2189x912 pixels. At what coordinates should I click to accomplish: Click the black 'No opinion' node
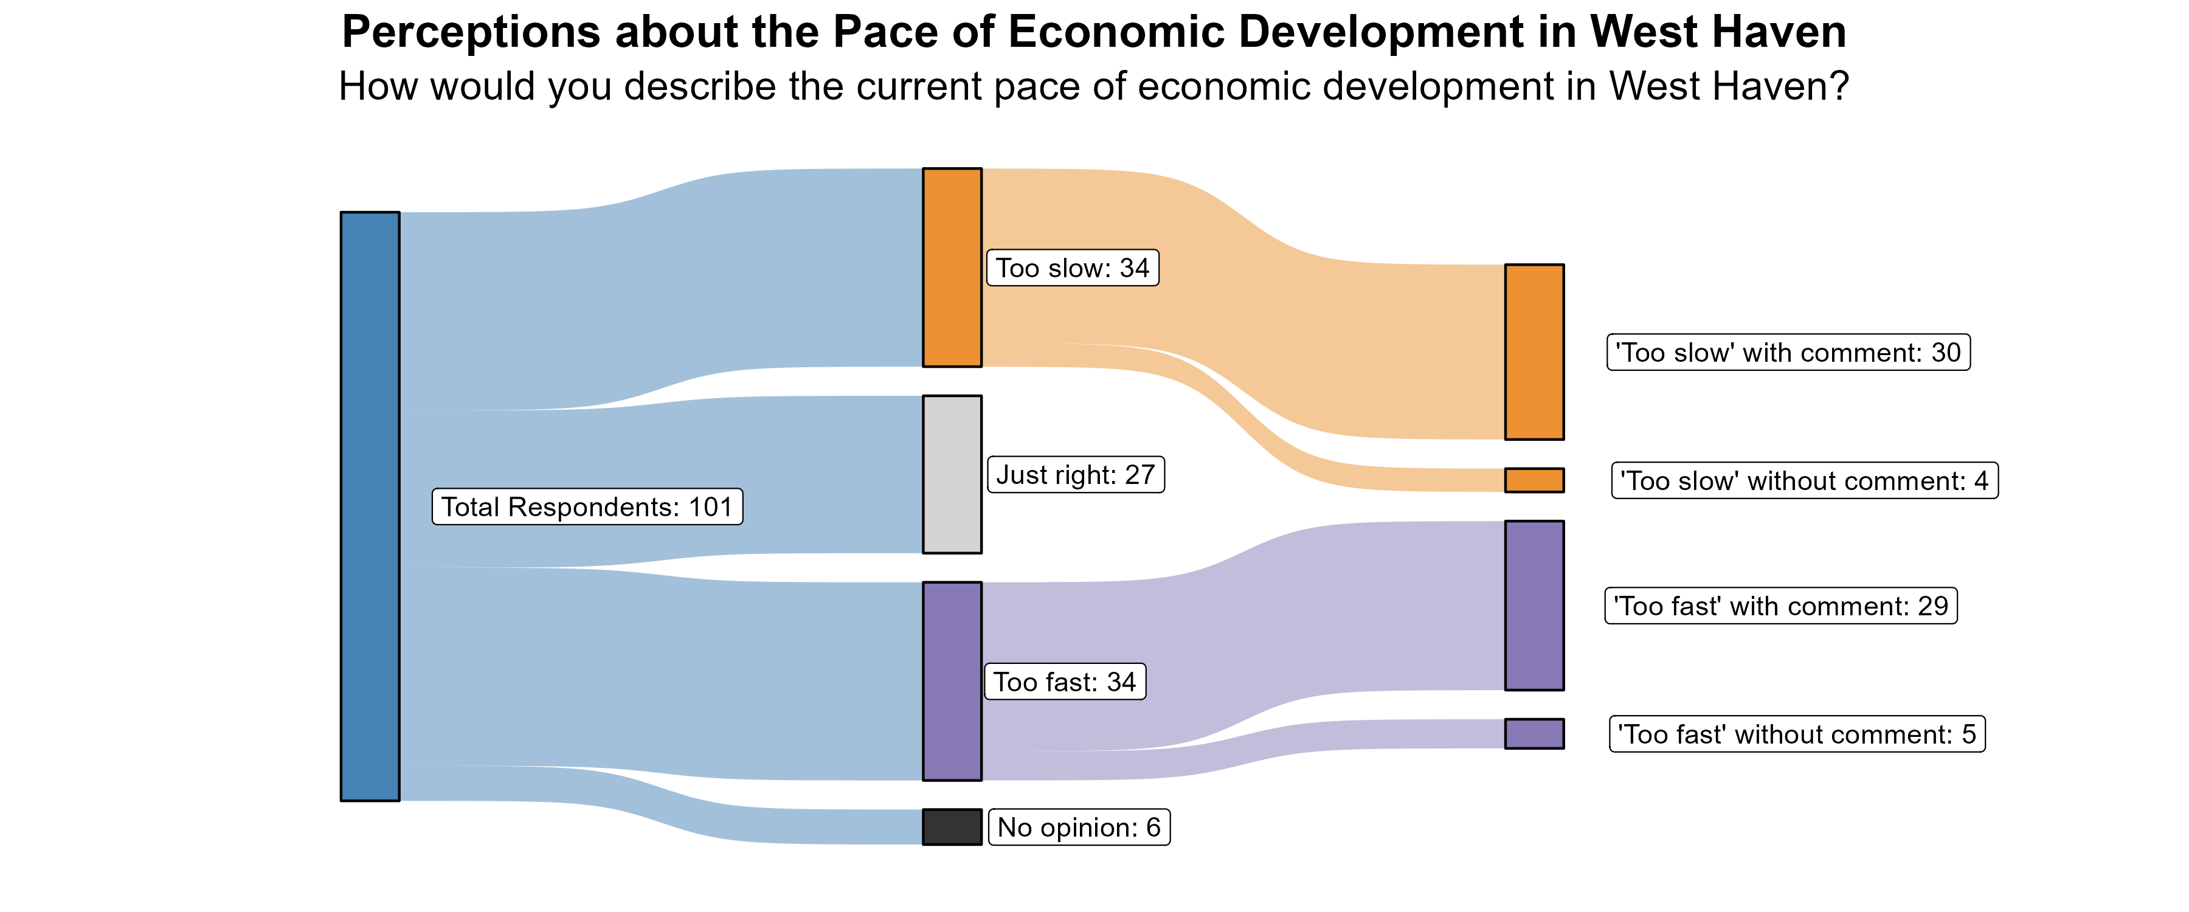click(952, 826)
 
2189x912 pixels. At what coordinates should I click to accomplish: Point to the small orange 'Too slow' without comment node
click(1534, 480)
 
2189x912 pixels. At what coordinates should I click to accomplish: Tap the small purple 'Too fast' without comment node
click(1534, 733)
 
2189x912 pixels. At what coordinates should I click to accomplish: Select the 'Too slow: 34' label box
click(1073, 268)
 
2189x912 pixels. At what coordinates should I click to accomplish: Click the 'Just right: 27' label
click(1075, 474)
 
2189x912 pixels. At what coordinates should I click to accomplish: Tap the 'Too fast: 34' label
click(1065, 682)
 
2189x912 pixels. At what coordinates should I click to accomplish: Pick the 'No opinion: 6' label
click(1079, 827)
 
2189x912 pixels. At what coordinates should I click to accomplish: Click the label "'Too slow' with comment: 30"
click(1788, 352)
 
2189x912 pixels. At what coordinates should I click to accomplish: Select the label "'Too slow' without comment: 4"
click(1804, 480)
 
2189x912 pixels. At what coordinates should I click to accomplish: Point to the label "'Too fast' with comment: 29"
click(1780, 606)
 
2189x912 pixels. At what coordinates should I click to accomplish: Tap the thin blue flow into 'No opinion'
click(663, 807)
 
